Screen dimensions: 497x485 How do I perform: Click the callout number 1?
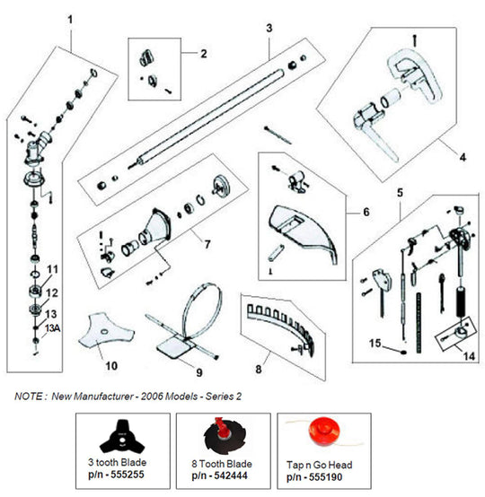point(70,20)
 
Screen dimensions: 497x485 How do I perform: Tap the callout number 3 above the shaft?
point(269,29)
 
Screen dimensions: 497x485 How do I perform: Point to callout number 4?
point(463,157)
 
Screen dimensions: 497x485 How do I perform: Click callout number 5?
point(400,191)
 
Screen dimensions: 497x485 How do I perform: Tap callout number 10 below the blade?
point(111,366)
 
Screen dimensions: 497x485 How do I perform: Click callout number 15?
point(377,343)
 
